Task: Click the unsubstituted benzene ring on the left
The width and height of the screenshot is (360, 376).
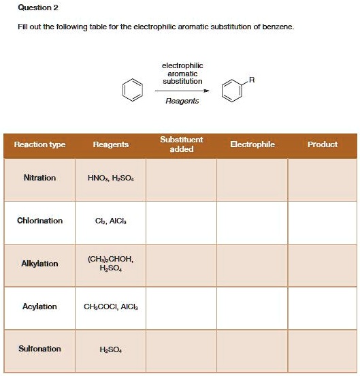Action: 134,89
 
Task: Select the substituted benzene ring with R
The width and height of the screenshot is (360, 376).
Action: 232,91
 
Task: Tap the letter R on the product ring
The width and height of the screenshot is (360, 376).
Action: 252,80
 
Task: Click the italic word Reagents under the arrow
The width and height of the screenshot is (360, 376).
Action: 182,101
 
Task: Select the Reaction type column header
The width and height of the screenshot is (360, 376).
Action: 40,144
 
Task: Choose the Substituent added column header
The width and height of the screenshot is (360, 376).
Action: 182,144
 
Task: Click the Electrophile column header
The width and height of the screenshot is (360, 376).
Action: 252,144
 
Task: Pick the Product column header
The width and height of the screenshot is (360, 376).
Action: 323,144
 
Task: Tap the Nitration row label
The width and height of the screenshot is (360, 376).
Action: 40,178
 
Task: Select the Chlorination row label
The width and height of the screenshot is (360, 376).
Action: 40,221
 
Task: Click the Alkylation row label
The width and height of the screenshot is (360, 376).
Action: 40,264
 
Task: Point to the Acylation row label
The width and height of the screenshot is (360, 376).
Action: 40,307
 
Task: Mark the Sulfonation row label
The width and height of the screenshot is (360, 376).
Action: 40,349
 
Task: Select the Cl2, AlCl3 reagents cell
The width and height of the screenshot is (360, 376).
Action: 110,221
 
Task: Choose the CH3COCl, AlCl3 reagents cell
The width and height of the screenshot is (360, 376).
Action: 110,307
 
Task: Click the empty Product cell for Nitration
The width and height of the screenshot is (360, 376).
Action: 323,179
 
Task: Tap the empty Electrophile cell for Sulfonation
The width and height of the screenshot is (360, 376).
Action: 252,350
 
